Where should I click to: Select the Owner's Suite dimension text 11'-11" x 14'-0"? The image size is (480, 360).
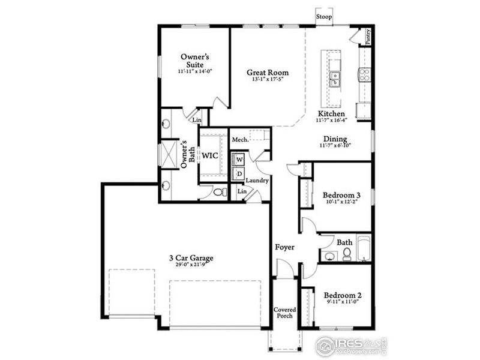click(x=194, y=71)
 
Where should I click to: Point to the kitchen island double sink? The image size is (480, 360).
click(x=335, y=78)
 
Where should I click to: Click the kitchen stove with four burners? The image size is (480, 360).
click(x=364, y=74)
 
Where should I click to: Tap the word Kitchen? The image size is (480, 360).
click(x=331, y=113)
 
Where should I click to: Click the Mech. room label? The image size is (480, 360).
click(x=241, y=139)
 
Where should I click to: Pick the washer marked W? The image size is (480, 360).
click(x=239, y=159)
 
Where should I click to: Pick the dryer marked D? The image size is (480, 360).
click(x=239, y=174)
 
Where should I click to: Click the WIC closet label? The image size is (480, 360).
click(x=209, y=155)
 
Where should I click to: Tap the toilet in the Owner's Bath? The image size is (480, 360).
click(x=220, y=193)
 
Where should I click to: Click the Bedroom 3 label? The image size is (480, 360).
click(x=341, y=195)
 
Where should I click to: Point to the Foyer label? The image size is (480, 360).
click(x=284, y=247)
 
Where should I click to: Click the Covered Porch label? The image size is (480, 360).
click(x=285, y=313)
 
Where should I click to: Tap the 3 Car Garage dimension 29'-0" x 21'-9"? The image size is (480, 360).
click(x=191, y=265)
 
